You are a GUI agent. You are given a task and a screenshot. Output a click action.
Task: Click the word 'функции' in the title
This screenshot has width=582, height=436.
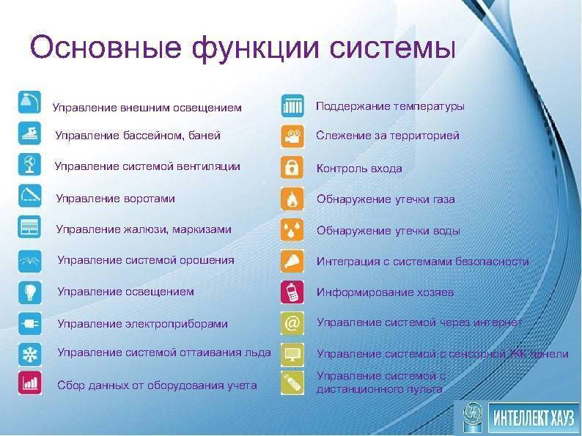(x=255, y=48)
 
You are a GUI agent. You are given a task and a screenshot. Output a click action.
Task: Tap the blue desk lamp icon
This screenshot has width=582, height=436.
(x=30, y=102)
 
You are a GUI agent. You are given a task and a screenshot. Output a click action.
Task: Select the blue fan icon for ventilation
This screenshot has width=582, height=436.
(x=30, y=164)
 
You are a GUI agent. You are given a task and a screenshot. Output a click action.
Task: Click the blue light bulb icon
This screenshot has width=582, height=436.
(x=30, y=292)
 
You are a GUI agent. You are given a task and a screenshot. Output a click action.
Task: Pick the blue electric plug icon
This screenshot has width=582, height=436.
(x=30, y=323)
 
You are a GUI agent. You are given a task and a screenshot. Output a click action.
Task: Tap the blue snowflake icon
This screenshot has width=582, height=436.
(x=30, y=354)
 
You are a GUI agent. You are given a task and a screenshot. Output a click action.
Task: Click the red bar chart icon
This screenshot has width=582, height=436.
(x=30, y=383)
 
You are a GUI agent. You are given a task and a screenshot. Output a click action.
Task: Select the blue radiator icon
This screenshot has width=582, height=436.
(x=292, y=106)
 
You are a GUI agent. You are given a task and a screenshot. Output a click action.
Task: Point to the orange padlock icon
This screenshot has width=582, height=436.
(x=292, y=168)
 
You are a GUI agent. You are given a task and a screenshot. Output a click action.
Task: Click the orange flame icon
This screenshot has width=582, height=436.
(x=292, y=199)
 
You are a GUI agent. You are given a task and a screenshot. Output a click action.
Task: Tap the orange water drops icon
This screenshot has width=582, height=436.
(x=292, y=229)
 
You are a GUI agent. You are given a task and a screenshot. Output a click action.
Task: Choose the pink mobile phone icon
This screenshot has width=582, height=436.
(x=292, y=292)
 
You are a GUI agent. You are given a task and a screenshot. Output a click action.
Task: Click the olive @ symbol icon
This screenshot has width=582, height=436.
(x=292, y=323)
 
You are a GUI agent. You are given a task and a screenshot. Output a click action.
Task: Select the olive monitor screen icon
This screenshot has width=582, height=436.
(x=292, y=354)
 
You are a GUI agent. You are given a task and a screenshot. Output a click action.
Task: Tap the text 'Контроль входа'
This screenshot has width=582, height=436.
(x=359, y=169)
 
